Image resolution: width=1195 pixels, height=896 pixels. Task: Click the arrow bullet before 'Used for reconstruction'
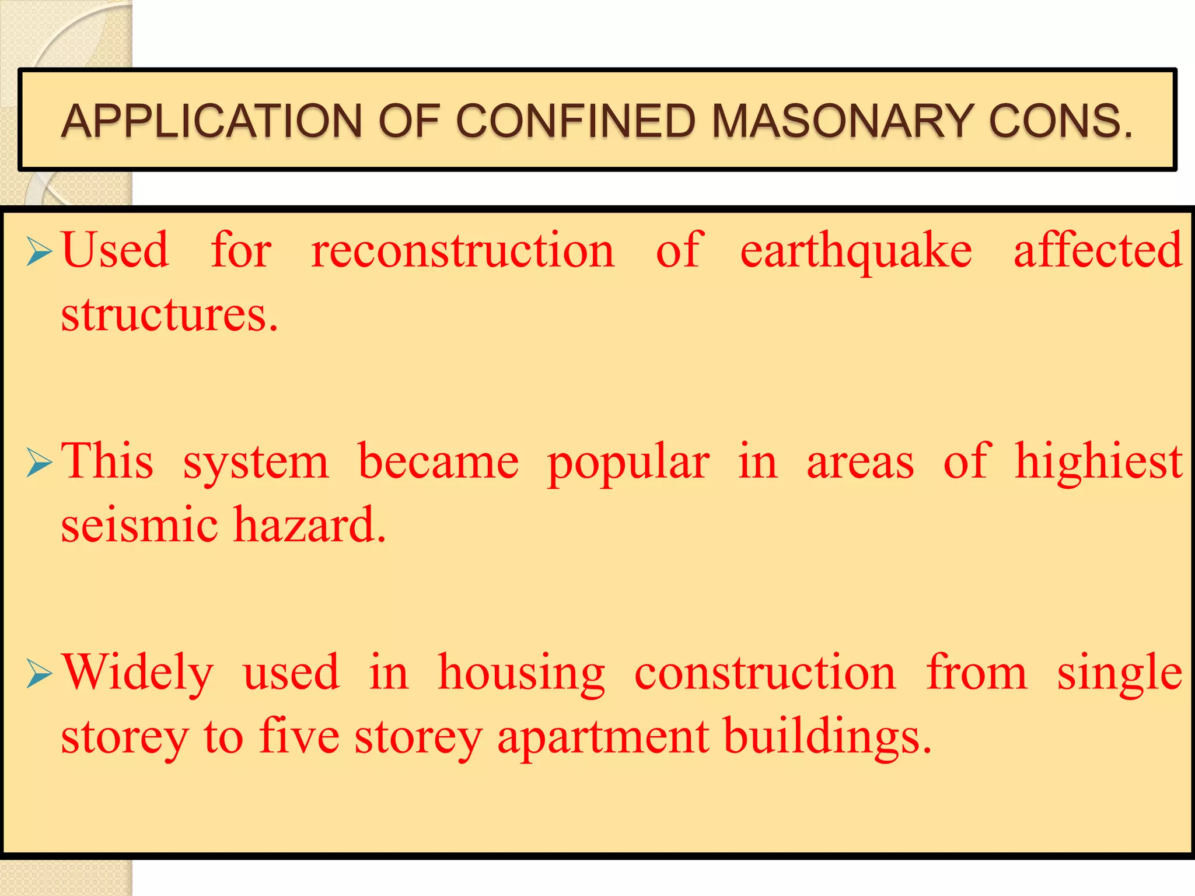click(x=40, y=253)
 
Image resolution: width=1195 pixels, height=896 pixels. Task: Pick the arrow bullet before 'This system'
click(x=40, y=464)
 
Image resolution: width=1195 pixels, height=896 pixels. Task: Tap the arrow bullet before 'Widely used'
click(x=40, y=675)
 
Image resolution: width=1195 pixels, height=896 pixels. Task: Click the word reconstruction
click(x=463, y=251)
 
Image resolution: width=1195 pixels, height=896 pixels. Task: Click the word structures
click(x=169, y=315)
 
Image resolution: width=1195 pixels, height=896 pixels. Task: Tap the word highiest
click(x=1098, y=462)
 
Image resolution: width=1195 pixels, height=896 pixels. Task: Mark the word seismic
click(x=139, y=524)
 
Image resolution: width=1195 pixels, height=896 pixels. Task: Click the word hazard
click(x=310, y=524)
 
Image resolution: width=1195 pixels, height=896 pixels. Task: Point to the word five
click(x=299, y=736)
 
